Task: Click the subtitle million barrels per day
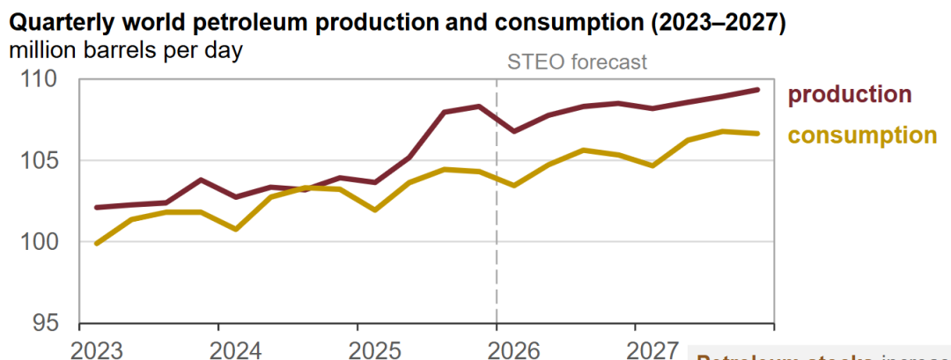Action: click(x=126, y=49)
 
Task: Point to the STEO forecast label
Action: click(x=578, y=62)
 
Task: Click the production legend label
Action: click(x=850, y=94)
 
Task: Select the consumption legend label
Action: click(x=862, y=135)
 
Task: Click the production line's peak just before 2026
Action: click(x=478, y=106)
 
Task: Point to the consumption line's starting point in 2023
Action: click(x=96, y=243)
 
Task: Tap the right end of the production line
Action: click(x=758, y=89)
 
